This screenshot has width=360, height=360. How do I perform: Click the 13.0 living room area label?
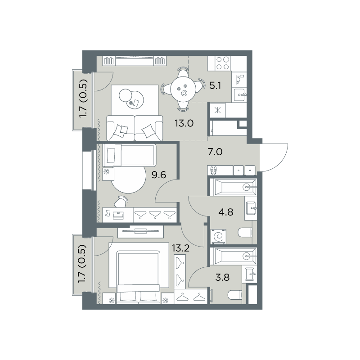click(184, 123)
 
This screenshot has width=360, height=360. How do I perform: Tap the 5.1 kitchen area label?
click(215, 86)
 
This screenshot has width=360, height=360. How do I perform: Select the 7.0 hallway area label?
click(215, 152)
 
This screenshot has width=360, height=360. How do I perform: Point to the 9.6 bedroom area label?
click(159, 175)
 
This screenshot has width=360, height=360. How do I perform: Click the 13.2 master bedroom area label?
click(181, 248)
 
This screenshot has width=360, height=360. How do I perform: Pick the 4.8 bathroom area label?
click(226, 212)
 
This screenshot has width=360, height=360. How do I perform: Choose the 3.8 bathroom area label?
click(222, 277)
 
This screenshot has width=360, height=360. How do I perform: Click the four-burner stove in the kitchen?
click(223, 63)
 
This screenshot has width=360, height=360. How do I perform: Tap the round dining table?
click(183, 89)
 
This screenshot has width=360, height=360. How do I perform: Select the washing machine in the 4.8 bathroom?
click(218, 237)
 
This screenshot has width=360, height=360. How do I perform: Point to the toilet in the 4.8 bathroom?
click(245, 232)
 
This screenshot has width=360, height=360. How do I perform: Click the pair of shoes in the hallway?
click(213, 171)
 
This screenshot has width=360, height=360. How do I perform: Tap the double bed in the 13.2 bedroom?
click(138, 277)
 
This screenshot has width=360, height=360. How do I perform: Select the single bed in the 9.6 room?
click(130, 155)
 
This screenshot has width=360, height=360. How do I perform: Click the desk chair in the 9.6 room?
click(121, 201)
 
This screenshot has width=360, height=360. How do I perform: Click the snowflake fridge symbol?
click(217, 111)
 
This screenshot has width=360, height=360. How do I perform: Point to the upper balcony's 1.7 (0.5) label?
click(83, 99)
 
